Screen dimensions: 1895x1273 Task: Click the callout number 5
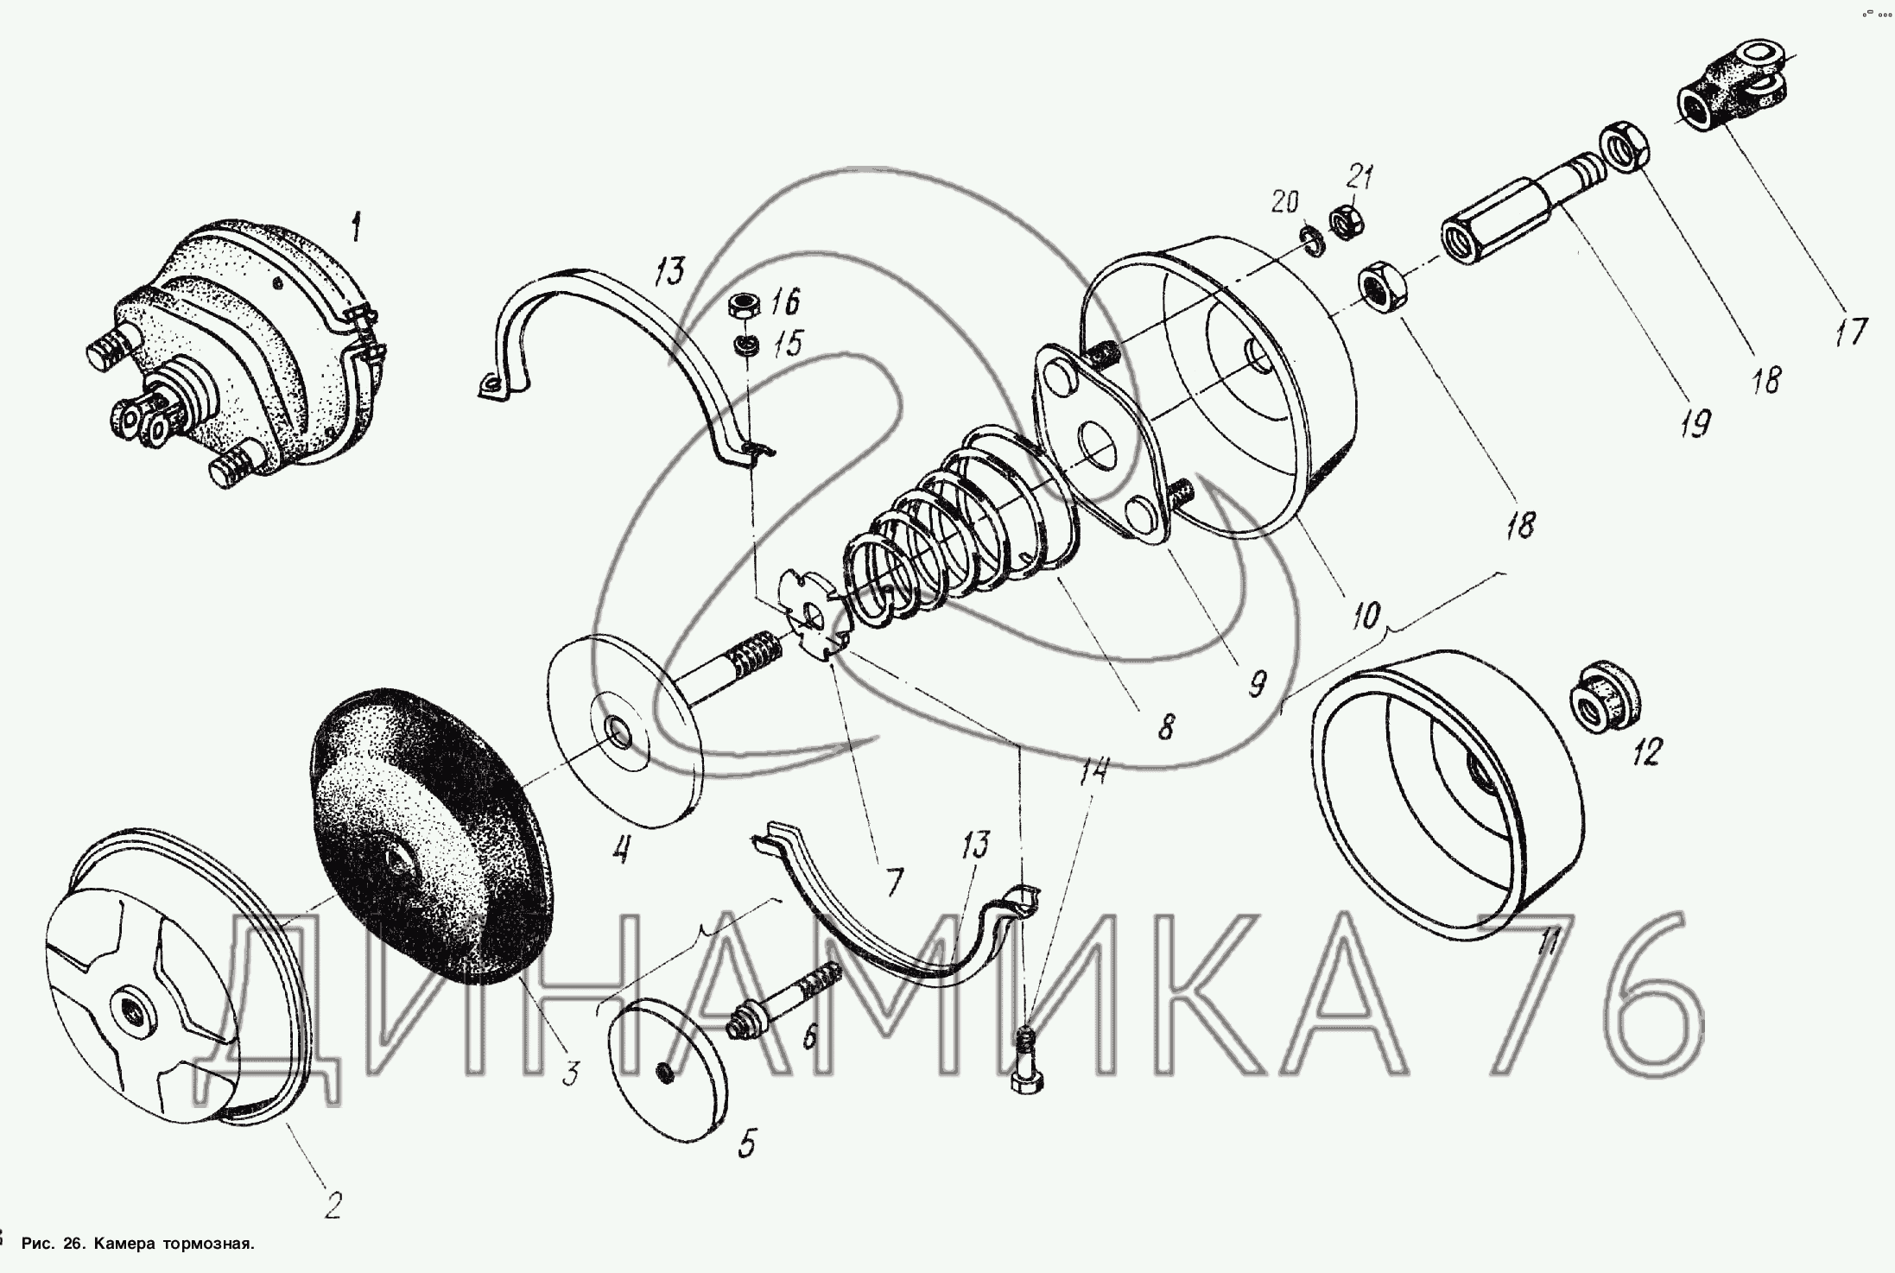click(x=747, y=1145)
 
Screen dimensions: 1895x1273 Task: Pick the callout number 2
click(x=333, y=1206)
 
